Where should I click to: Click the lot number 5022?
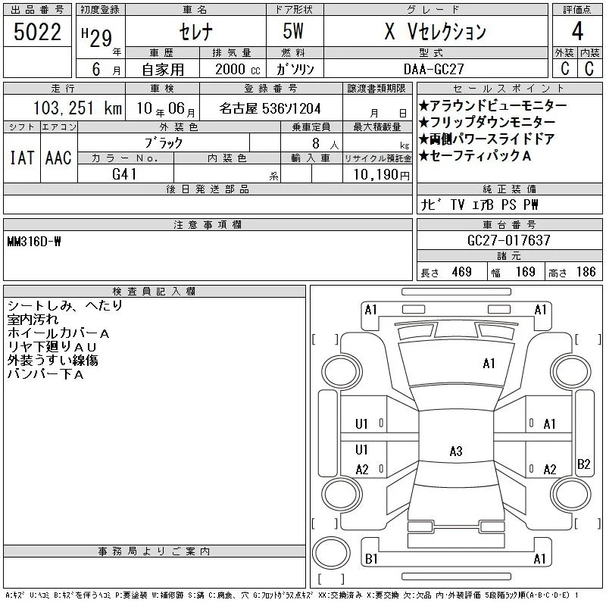(x=37, y=32)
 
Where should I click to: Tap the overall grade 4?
(x=577, y=31)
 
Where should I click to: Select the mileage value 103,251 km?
(x=78, y=108)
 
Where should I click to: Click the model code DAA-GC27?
(x=433, y=69)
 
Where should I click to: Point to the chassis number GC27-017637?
(x=508, y=240)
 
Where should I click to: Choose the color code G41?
(x=124, y=174)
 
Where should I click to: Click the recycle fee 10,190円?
(x=382, y=175)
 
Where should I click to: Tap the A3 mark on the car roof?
(x=456, y=451)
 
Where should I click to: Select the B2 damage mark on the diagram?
(x=583, y=464)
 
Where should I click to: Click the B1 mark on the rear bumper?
(x=371, y=559)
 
